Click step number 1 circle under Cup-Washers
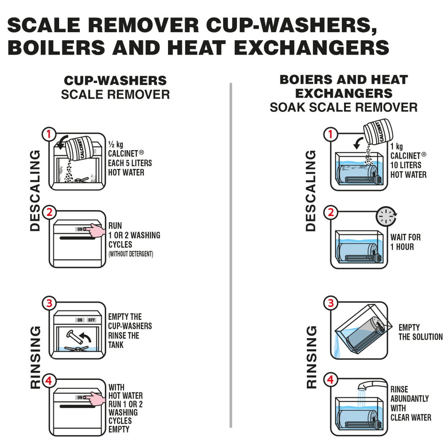coord(48,134)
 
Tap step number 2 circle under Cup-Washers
coord(48,212)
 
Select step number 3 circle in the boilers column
coord(331,303)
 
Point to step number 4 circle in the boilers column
coord(331,380)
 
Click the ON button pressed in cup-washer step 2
coord(81,229)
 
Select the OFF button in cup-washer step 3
coord(91,320)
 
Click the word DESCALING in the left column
coord(34,190)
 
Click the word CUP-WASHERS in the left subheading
coord(115,81)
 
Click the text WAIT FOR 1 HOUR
coord(405,242)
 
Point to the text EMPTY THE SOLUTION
coord(420,332)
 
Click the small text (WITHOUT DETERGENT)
coord(131,254)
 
